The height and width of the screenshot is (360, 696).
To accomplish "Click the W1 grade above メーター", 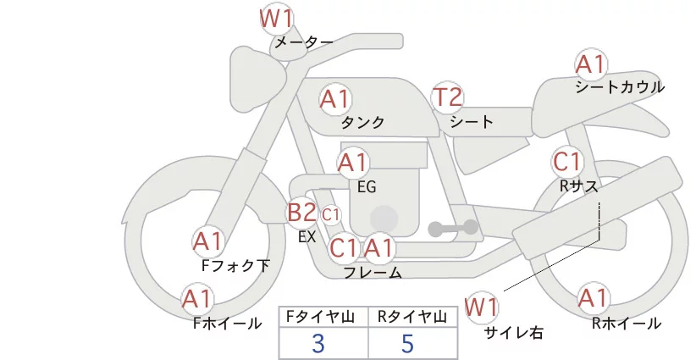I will click(275, 17).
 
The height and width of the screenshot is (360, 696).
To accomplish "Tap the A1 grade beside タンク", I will click(335, 99).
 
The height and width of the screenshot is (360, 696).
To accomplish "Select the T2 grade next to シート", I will click(448, 97).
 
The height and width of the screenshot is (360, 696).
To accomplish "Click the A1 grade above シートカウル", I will click(590, 64).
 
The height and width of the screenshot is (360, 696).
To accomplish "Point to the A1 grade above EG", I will click(353, 162).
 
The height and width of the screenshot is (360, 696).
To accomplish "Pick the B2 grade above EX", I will click(301, 213).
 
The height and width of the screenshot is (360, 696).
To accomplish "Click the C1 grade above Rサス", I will click(566, 161).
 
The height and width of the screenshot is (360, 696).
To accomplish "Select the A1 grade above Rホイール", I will click(592, 298).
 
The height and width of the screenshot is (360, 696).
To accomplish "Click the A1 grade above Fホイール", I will click(198, 298).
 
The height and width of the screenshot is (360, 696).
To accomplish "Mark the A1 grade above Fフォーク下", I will click(207, 241).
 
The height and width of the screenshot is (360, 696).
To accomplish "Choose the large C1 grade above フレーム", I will click(345, 249).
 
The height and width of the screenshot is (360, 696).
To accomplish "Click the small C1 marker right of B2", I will click(330, 214).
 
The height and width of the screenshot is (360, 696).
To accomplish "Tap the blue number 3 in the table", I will click(318, 344).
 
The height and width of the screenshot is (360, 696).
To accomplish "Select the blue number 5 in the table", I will click(407, 344).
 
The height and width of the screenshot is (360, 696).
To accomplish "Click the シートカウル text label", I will click(619, 86).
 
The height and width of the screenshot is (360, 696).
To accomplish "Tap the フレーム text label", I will click(373, 272).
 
